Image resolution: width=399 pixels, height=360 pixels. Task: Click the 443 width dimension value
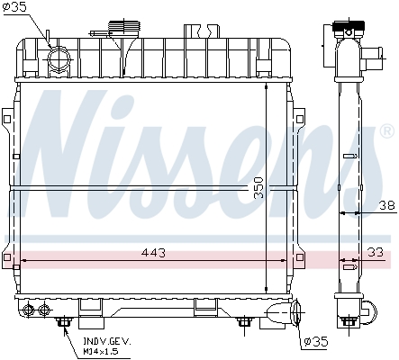point(153,253)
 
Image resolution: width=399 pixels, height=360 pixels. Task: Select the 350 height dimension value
point(258,188)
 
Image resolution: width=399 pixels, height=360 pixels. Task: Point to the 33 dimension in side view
point(376,252)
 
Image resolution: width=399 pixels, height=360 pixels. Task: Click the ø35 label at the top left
point(14,7)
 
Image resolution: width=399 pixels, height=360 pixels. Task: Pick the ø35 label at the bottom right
point(316,342)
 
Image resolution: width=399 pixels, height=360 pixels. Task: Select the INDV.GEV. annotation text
point(107,341)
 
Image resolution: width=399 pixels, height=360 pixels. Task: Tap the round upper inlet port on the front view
point(59,58)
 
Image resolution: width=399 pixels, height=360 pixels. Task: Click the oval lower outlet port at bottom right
point(295,312)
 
